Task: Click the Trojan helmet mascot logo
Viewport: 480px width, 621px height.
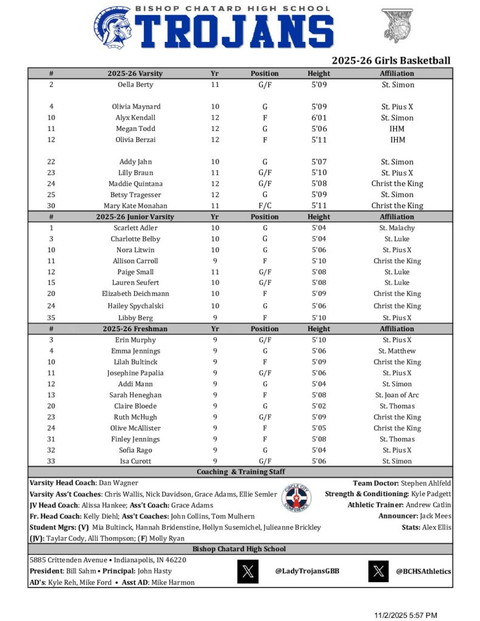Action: [x=114, y=28]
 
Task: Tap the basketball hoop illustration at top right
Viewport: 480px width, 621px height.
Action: [x=399, y=25]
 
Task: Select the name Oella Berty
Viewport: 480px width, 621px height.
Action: [x=135, y=85]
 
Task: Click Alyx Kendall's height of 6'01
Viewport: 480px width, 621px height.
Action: [x=319, y=118]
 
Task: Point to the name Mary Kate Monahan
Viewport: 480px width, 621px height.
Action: [x=135, y=206]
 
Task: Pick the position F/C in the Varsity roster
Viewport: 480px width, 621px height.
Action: [x=265, y=206]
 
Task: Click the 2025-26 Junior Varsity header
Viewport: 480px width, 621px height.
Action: [x=135, y=217]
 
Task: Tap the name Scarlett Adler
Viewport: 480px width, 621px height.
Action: [x=135, y=228]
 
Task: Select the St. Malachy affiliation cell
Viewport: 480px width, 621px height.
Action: [x=397, y=228]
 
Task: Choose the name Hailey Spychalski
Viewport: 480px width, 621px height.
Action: [x=135, y=306]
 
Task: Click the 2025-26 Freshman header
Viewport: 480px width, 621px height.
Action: [x=135, y=329]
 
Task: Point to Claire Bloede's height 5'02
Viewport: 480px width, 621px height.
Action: [x=319, y=406]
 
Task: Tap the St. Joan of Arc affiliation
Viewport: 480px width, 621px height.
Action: [x=397, y=395]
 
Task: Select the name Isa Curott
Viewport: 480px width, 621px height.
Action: [x=135, y=462]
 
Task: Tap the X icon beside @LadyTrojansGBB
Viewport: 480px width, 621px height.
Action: [x=248, y=571]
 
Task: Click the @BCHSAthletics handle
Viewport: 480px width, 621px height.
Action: [x=424, y=571]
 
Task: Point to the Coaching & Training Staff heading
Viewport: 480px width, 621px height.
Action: [x=240, y=472]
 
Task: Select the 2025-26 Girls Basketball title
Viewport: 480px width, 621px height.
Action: [x=391, y=61]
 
